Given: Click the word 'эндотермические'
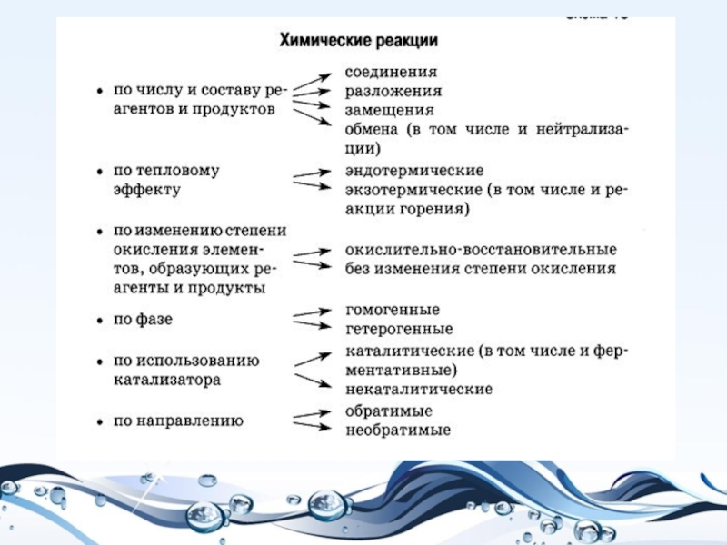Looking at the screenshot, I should coord(413,170).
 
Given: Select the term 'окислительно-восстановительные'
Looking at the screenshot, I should coord(481,249).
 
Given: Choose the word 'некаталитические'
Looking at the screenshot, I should coord(419,389).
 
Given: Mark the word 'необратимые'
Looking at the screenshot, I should coord(398,430).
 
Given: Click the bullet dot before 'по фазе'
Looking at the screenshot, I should coord(100,321).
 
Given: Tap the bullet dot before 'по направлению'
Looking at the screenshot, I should coord(100,421).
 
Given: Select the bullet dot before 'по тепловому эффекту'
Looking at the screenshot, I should coord(100,171).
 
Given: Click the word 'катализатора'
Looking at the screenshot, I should coord(167,381).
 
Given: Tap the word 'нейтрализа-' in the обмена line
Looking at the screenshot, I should coord(578,129).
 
